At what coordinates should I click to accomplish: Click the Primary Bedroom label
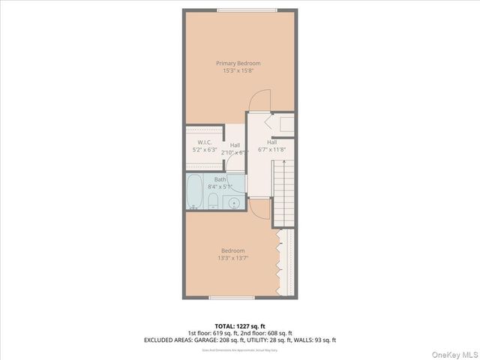[x=238, y=63]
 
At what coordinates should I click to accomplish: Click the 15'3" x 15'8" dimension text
[x=238, y=70]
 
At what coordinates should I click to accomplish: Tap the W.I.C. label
[x=204, y=142]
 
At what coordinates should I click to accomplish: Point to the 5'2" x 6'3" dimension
[x=204, y=150]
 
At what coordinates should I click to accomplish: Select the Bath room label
[x=220, y=179]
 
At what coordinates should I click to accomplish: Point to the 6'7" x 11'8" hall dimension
[x=271, y=149]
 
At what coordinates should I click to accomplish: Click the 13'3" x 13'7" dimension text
[x=232, y=259]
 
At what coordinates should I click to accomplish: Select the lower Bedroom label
[x=232, y=250]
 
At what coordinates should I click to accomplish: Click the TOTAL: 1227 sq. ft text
[x=239, y=325]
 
